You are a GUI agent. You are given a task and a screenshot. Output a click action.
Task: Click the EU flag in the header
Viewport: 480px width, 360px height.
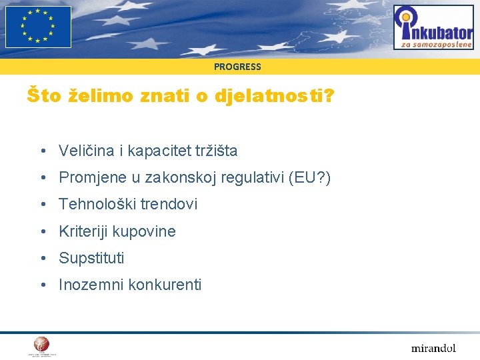[38, 27]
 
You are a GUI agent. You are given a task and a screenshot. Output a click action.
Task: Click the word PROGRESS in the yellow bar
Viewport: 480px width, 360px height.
[237, 67]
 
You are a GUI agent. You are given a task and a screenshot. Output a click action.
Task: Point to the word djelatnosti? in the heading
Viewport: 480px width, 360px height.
[275, 97]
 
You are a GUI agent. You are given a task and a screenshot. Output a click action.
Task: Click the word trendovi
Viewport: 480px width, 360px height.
[169, 205]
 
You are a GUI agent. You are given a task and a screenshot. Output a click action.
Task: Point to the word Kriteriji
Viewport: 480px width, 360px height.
[83, 231]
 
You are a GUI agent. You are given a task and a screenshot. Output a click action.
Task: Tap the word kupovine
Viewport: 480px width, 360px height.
[144, 232]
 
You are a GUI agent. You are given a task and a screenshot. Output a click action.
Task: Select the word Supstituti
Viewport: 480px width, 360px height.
[91, 259]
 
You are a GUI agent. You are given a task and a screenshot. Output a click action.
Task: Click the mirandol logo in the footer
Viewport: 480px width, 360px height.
[433, 348]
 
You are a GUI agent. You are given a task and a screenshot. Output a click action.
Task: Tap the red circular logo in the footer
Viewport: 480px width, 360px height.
[42, 345]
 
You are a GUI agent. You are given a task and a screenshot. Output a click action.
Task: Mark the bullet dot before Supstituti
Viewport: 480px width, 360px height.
[42, 259]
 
